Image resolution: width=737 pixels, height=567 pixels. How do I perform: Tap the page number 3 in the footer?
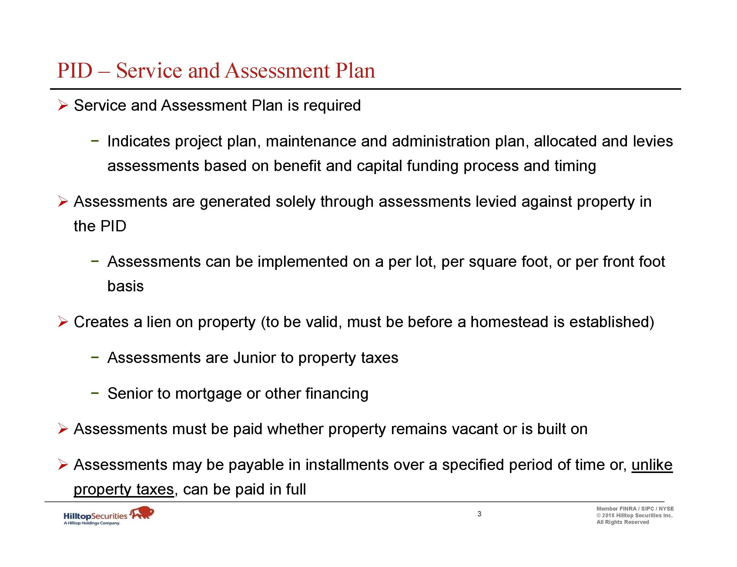(x=479, y=514)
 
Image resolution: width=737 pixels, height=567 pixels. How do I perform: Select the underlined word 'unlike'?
(x=652, y=465)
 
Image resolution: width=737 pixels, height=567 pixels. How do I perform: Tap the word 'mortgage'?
(x=208, y=394)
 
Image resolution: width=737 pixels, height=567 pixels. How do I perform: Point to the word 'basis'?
(x=126, y=286)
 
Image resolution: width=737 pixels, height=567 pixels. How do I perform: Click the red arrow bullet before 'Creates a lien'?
(x=63, y=322)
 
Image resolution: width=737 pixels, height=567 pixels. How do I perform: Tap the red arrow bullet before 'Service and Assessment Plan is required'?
(x=63, y=106)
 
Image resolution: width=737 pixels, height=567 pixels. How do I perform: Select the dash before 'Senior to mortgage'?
(x=95, y=393)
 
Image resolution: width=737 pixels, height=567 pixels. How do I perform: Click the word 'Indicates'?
(x=139, y=141)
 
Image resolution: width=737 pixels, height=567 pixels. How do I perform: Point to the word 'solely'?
(x=295, y=202)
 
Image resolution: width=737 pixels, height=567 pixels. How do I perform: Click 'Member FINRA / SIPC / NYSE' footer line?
(x=635, y=508)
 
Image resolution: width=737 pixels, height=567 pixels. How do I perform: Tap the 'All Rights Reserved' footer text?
(x=623, y=522)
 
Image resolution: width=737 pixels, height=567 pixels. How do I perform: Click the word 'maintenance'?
(x=311, y=141)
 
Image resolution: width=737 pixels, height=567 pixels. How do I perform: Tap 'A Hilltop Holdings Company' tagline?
(x=92, y=523)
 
